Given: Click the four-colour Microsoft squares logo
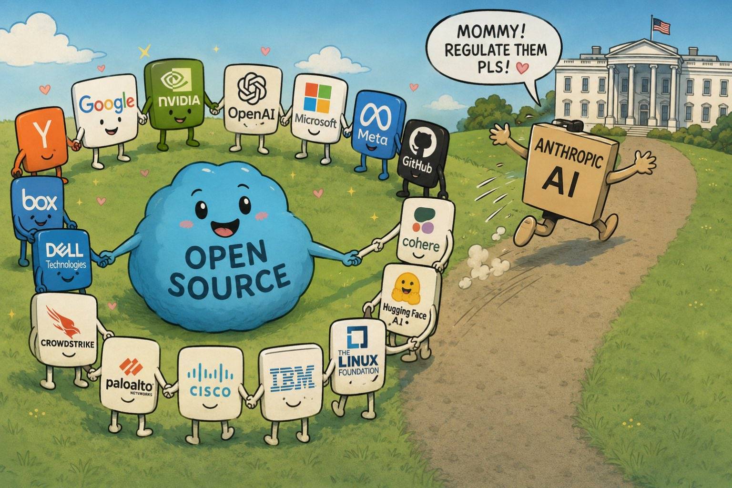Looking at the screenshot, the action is [317, 97].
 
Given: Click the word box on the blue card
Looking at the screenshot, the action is [40, 201].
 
